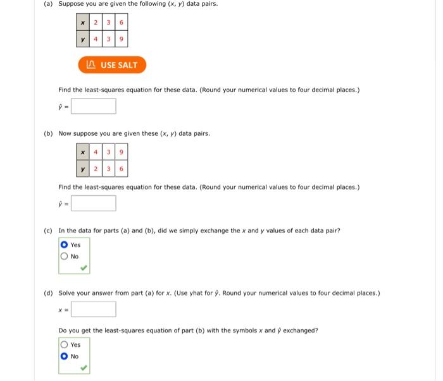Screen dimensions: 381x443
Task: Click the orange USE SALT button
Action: tap(112, 65)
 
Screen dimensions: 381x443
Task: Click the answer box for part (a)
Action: tap(94, 106)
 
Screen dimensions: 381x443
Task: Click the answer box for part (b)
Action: tap(94, 203)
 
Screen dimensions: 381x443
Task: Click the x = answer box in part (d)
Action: tap(94, 309)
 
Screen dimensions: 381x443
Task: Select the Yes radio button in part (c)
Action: tap(63, 245)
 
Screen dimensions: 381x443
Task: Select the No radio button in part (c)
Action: tap(63, 257)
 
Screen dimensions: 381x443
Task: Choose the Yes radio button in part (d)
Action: tap(63, 344)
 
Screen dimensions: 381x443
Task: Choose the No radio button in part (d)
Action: tap(63, 356)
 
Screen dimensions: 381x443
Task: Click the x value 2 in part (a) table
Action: tap(95, 23)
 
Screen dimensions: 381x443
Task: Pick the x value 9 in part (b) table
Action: tap(121, 152)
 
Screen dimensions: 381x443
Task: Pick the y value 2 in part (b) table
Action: tap(96, 168)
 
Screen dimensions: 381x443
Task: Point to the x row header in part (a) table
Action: tap(82, 23)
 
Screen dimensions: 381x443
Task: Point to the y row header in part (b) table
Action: tap(83, 168)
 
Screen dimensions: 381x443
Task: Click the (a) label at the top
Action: tap(47, 4)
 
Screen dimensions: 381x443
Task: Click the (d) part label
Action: tap(47, 293)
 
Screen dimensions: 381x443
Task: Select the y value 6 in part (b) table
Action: tap(121, 168)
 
